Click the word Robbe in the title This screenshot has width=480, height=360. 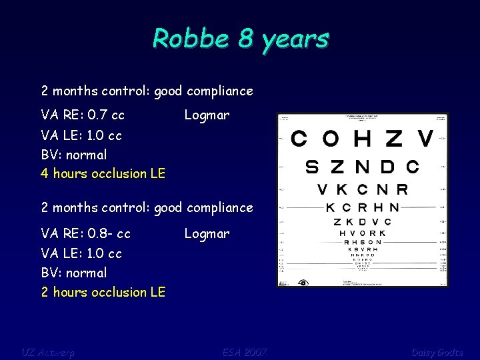click(x=191, y=39)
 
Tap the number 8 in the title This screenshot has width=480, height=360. click(x=246, y=39)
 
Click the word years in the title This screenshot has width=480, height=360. click(x=295, y=40)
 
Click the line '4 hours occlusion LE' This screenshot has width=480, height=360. click(x=103, y=173)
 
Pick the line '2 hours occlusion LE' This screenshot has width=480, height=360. click(x=103, y=292)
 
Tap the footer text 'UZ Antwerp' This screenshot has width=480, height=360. click(x=48, y=351)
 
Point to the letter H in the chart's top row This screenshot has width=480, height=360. click(x=363, y=139)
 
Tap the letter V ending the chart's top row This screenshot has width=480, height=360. click(x=425, y=139)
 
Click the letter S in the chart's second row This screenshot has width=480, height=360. click(x=312, y=166)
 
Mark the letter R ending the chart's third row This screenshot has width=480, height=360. click(x=401, y=189)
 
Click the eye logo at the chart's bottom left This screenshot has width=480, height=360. click(x=303, y=281)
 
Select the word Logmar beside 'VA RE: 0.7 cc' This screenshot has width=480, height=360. click(x=207, y=115)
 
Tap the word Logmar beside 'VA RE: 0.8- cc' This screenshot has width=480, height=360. click(x=207, y=234)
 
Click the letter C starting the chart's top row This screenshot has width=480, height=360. click(x=300, y=139)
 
